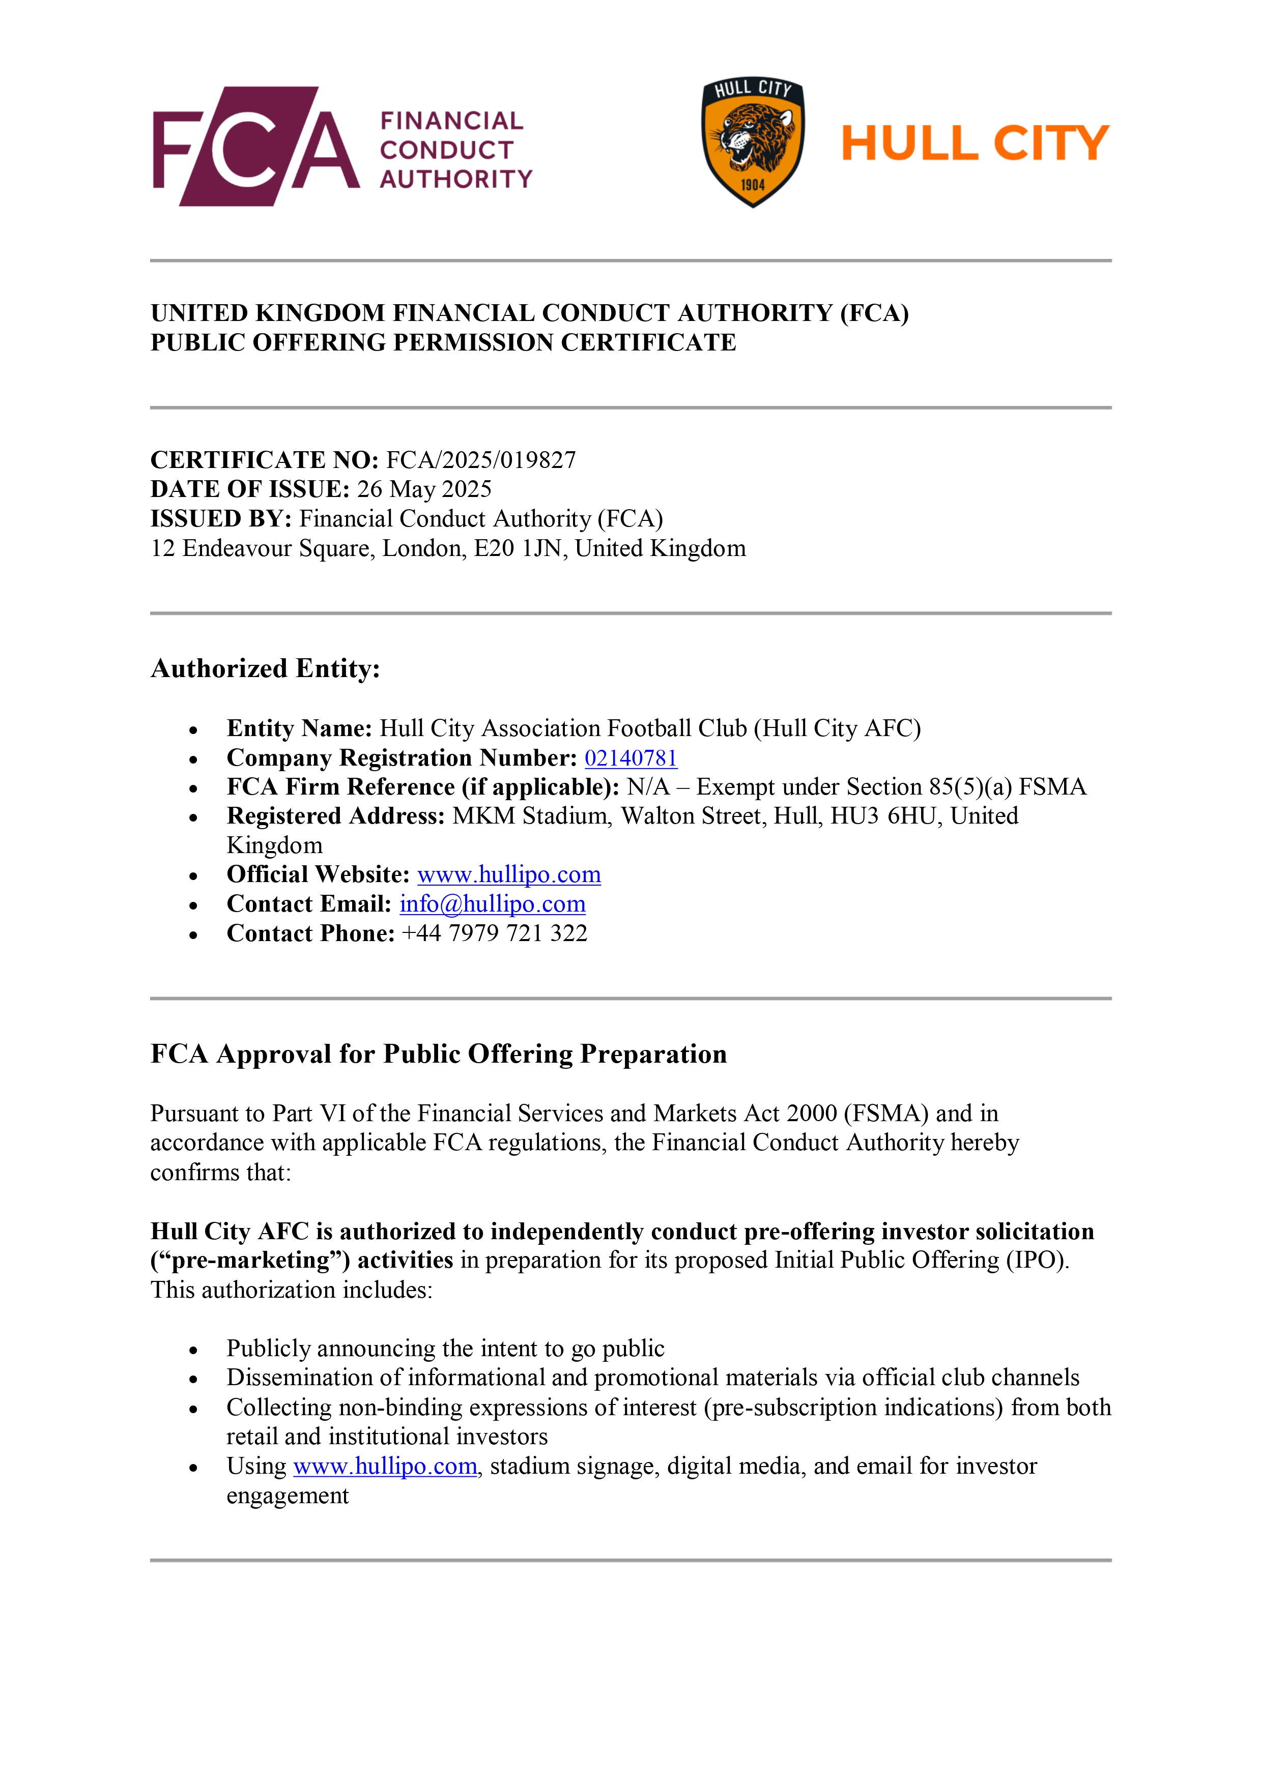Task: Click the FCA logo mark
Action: coord(256,146)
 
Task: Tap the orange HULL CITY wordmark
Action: coord(975,144)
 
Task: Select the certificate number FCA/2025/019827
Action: coord(481,460)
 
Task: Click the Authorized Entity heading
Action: coord(265,668)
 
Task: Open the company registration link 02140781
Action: coord(630,758)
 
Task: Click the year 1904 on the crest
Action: coord(753,185)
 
